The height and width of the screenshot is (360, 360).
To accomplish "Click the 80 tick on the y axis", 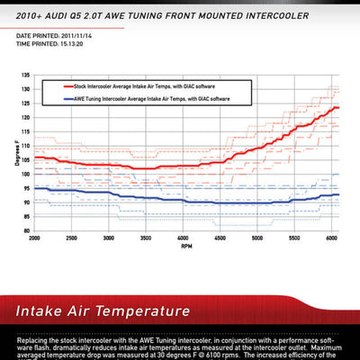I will (x=26, y=230).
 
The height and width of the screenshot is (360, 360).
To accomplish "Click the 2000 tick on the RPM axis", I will (x=35, y=238).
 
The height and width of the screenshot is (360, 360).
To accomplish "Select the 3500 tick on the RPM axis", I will (x=146, y=238).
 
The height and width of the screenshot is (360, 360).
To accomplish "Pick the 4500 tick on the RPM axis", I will (x=220, y=238).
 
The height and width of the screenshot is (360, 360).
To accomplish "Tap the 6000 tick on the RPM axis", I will (x=330, y=238).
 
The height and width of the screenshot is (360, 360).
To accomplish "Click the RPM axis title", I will (x=185, y=245).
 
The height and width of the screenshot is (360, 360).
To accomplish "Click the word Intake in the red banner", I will (x=45, y=312).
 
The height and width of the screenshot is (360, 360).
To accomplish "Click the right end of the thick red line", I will (x=338, y=108).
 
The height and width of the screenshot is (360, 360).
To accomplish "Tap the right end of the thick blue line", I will (x=338, y=194).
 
